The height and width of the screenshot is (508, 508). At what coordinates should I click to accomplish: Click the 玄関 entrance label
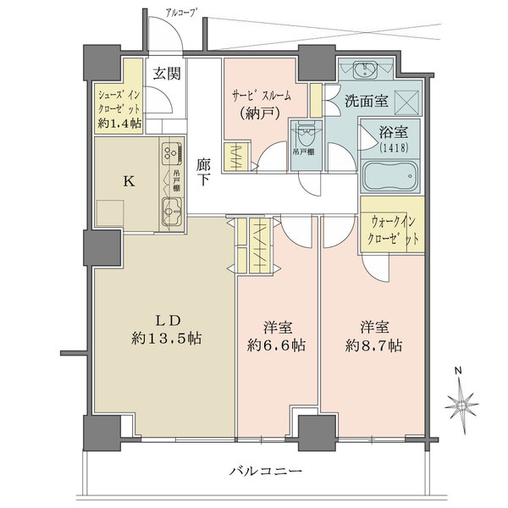pos(167,73)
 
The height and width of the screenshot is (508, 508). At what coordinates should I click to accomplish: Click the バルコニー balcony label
pos(263,471)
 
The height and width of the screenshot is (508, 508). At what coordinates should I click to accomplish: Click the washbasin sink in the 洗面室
pos(368,69)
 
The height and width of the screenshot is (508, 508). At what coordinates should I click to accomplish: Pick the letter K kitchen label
pos(128,180)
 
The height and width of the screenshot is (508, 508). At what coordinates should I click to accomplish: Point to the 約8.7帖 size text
pos(373,345)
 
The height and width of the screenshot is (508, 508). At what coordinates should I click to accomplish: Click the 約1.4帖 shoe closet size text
pos(119,124)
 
